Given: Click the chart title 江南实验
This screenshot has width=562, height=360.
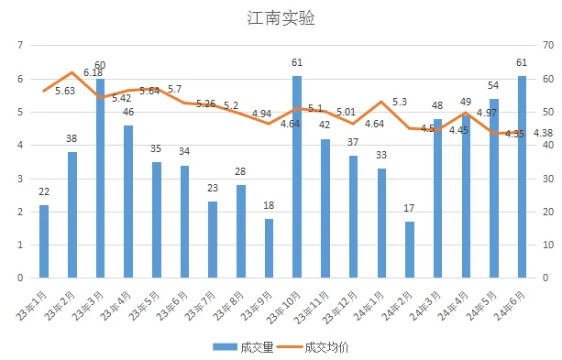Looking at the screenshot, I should pos(281,17).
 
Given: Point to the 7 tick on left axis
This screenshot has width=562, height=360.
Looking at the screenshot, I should pos(18,45).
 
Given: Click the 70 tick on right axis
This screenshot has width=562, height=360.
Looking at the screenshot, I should pos(548,45).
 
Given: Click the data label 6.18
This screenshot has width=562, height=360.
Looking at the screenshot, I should pos(93,72).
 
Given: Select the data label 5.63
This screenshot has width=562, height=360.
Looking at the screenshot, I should pos(64,90).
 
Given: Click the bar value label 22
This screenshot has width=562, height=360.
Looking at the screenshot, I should pos(43,191).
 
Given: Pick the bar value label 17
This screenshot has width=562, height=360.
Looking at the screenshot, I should pos(409,208).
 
